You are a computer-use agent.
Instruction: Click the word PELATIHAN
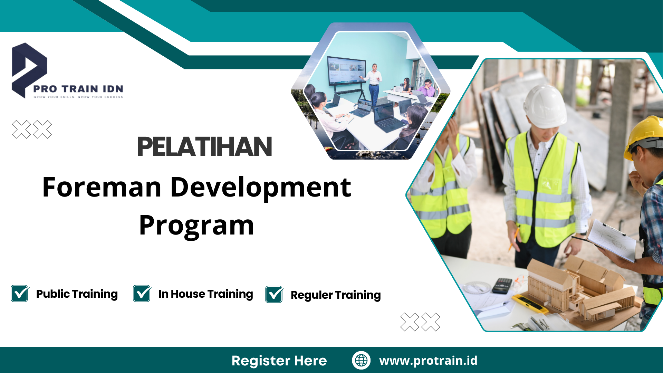click(x=204, y=147)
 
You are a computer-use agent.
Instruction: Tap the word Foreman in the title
click(x=102, y=187)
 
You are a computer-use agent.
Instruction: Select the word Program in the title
click(x=196, y=226)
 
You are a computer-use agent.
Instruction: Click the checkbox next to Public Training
click(x=20, y=294)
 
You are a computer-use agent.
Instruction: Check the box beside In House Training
click(x=142, y=294)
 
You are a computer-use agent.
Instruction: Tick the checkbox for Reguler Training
click(x=274, y=295)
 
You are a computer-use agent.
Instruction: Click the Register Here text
click(x=279, y=361)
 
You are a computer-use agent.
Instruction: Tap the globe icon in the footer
click(x=361, y=360)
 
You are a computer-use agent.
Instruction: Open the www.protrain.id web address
click(x=428, y=360)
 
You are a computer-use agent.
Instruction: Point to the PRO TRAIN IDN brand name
click(x=78, y=89)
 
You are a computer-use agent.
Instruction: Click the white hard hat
click(x=545, y=105)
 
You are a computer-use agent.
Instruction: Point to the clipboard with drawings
click(x=611, y=240)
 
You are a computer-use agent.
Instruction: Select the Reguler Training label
click(x=336, y=295)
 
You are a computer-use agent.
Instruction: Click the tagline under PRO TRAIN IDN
click(x=78, y=97)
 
